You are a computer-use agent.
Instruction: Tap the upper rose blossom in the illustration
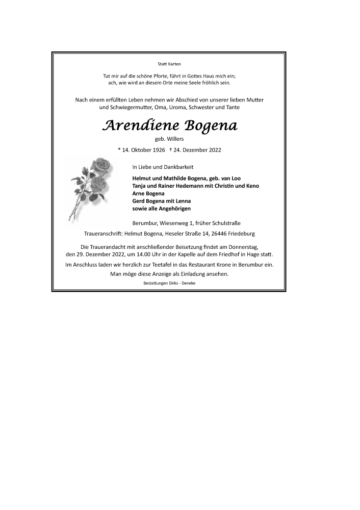pos(100,166)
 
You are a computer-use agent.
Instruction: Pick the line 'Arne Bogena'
pos(148,194)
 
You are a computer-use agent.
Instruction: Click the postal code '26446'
pos(216,234)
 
